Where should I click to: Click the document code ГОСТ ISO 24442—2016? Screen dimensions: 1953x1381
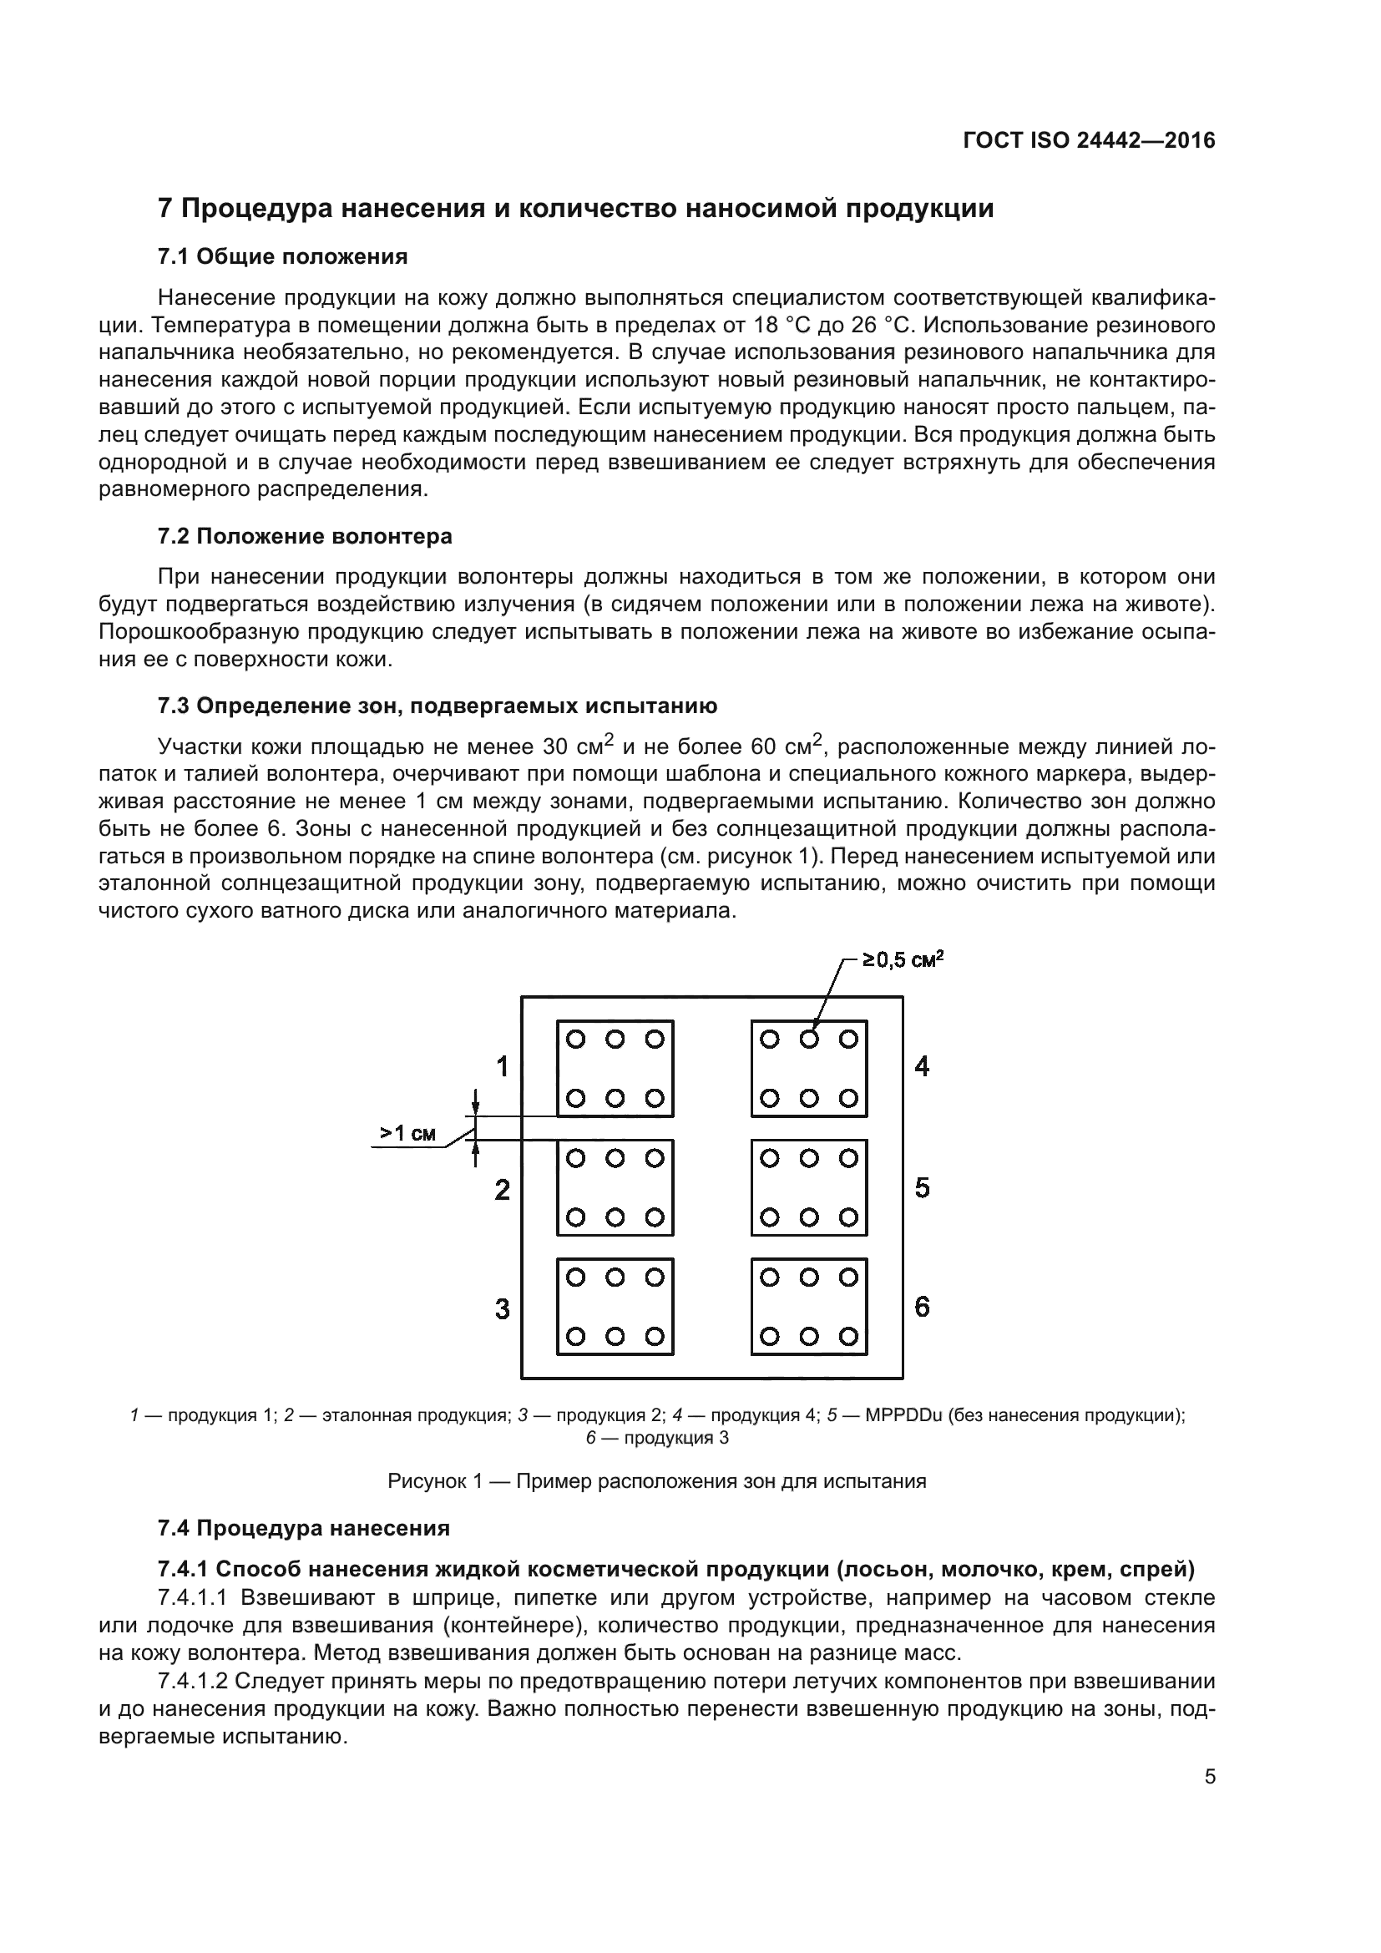[1089, 140]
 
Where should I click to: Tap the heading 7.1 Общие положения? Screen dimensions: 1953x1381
[282, 257]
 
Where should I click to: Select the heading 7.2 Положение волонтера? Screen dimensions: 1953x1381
[305, 537]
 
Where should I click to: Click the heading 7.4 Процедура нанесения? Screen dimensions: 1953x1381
[304, 1529]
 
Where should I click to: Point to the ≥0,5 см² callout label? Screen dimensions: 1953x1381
[903, 960]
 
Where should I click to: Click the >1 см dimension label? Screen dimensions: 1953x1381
[408, 1133]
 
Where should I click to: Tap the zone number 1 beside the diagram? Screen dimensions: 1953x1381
[503, 1066]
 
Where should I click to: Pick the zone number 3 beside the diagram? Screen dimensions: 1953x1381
[503, 1308]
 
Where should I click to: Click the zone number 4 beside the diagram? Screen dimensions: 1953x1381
[922, 1066]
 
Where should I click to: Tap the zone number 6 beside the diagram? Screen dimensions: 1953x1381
[922, 1307]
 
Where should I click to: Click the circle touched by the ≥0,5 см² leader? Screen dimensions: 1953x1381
[809, 1039]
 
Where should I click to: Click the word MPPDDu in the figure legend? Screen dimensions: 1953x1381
[903, 1415]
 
